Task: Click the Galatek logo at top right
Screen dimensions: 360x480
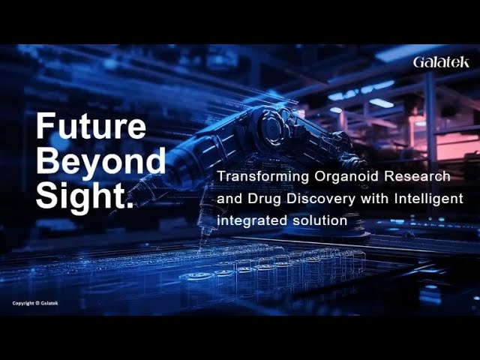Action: tap(441, 62)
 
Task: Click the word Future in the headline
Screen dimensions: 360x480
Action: tap(91, 126)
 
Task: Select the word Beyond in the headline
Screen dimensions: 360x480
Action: tap(100, 160)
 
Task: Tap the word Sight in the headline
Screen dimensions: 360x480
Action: tap(79, 196)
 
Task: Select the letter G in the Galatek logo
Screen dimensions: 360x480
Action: tap(418, 62)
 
